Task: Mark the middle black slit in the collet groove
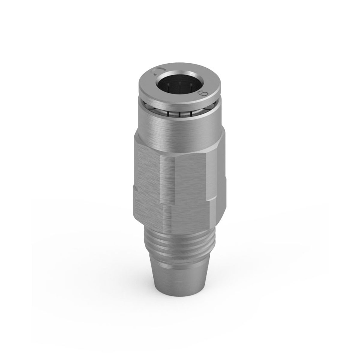(x=179, y=114)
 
